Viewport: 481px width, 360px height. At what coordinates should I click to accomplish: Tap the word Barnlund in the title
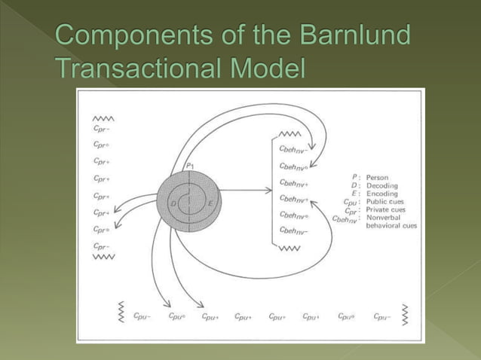click(355, 36)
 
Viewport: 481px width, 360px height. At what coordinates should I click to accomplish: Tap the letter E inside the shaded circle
click(210, 203)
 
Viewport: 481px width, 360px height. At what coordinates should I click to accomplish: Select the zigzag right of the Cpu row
click(406, 316)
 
